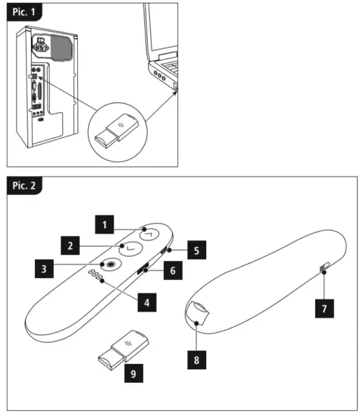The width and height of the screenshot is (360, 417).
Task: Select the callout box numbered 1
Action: pos(104,224)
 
